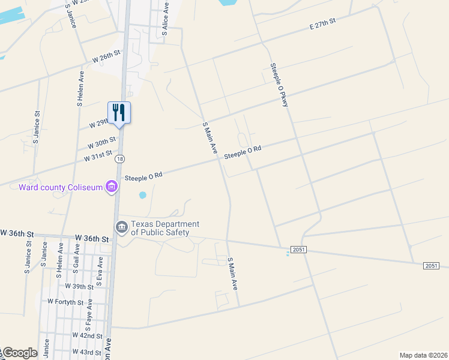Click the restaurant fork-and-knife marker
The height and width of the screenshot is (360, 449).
(119, 112)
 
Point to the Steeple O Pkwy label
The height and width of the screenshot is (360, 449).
(279, 85)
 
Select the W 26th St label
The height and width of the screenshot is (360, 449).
(107, 57)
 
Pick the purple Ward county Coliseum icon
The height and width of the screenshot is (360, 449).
(111, 187)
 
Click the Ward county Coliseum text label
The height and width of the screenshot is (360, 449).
(61, 187)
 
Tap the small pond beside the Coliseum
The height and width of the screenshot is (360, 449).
(142, 195)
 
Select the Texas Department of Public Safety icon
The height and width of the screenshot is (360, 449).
(121, 227)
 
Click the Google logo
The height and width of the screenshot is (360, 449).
(19, 353)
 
